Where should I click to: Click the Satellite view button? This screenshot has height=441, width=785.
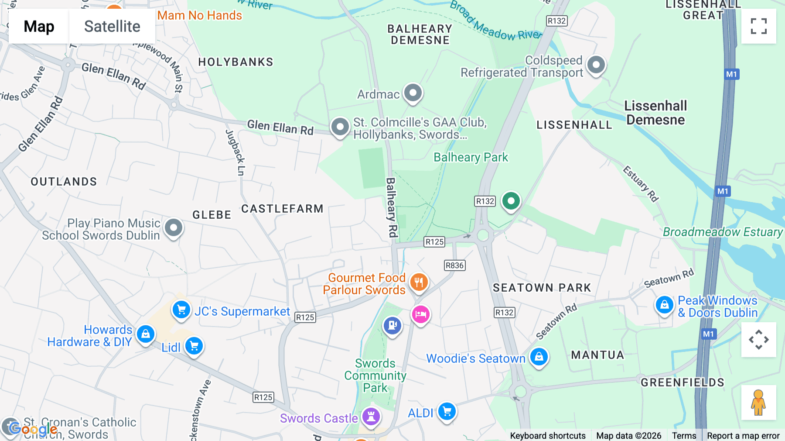click(112, 26)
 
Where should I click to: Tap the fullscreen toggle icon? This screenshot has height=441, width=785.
click(758, 26)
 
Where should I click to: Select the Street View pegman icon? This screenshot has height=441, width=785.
click(758, 403)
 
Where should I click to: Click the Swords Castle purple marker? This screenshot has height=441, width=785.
click(371, 416)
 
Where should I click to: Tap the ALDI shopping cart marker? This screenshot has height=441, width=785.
click(447, 411)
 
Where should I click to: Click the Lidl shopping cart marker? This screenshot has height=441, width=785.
click(194, 346)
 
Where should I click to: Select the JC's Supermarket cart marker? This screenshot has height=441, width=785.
click(181, 310)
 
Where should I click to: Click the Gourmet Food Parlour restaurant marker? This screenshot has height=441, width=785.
click(419, 282)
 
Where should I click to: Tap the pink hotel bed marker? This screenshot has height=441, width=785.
click(421, 314)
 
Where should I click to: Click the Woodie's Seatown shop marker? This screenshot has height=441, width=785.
click(539, 356)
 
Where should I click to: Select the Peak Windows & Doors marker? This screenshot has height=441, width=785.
click(664, 304)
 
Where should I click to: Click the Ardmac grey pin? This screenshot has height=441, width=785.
click(413, 93)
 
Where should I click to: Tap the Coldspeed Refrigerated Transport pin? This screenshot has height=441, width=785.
click(596, 65)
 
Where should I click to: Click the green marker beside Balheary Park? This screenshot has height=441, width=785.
click(511, 201)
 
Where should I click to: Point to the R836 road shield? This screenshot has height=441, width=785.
click(454, 265)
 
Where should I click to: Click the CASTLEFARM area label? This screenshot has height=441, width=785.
click(282, 209)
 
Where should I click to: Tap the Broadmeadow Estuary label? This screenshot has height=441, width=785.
click(723, 232)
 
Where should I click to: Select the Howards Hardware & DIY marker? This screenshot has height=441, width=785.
click(146, 334)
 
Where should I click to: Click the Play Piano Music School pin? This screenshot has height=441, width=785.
click(174, 227)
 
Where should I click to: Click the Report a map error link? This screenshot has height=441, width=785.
click(743, 436)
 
